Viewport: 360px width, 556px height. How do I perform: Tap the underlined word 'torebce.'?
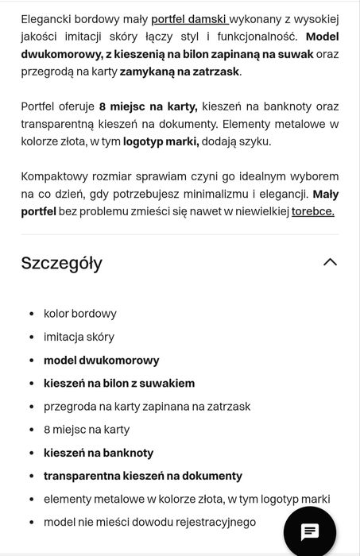(312, 210)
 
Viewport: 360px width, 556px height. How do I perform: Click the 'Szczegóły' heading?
(62, 263)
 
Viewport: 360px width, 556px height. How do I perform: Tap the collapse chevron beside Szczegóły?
(330, 262)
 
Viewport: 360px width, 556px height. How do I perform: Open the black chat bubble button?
(309, 531)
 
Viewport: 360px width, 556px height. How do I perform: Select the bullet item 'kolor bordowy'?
(79, 314)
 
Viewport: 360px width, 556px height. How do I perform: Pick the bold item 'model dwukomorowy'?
(101, 360)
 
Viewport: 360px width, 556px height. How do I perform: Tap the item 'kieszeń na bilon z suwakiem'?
(119, 383)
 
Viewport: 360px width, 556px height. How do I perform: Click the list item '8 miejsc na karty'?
(87, 430)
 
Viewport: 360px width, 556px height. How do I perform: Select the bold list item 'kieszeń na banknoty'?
(99, 453)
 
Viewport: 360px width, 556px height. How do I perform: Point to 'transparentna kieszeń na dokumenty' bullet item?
(142, 476)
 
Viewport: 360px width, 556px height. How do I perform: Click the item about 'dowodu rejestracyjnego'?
(149, 522)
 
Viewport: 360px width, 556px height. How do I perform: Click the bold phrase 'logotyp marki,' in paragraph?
(161, 141)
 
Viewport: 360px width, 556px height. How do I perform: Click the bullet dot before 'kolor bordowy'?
(31, 315)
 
